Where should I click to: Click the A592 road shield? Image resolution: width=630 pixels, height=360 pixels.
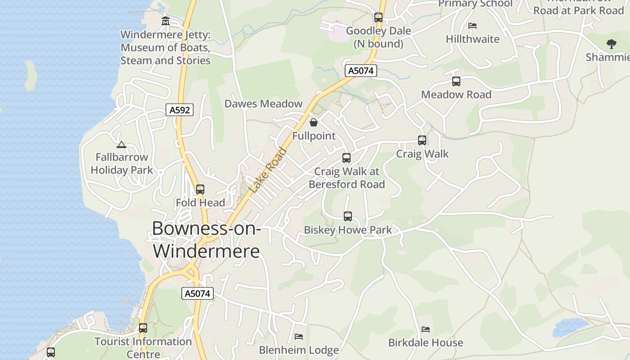180,110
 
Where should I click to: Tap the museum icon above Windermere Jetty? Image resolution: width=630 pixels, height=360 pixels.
166,21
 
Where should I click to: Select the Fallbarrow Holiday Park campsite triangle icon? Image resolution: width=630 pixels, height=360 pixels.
121,144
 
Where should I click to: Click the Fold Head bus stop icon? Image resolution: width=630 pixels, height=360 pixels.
200,189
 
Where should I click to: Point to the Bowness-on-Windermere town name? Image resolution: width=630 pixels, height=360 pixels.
207,239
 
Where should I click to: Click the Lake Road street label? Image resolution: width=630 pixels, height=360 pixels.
268,171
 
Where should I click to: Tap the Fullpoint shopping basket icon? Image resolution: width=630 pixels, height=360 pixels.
314,122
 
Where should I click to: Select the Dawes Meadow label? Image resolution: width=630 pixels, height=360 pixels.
263,103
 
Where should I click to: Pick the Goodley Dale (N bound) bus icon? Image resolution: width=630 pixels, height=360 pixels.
378,18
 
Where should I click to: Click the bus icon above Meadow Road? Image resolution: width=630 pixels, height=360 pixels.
456,81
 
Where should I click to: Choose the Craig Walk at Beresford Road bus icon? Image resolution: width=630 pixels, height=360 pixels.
346,158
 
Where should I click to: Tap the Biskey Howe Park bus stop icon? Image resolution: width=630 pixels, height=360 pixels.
348,216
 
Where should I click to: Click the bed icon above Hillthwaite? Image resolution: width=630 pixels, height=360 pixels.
472,26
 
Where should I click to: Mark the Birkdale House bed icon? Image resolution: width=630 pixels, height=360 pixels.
426,329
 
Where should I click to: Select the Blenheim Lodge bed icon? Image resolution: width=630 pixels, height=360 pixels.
299,337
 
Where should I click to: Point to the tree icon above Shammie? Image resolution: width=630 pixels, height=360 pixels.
611,44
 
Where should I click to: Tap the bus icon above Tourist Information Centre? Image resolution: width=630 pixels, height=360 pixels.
143,328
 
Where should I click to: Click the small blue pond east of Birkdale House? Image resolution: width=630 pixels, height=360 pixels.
570,326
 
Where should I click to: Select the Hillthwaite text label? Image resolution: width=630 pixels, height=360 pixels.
472,39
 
